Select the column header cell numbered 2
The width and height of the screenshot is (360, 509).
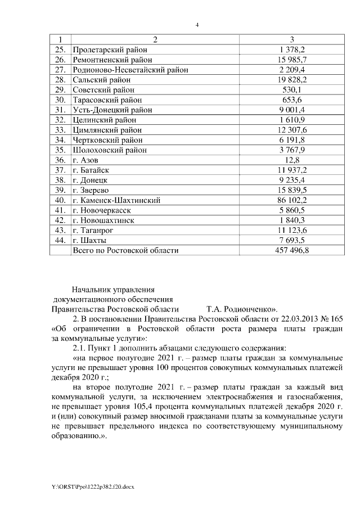[154, 40]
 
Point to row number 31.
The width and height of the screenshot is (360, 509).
[60, 110]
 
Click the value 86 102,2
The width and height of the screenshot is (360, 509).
[292, 200]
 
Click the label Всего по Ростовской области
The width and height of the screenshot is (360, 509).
[126, 250]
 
